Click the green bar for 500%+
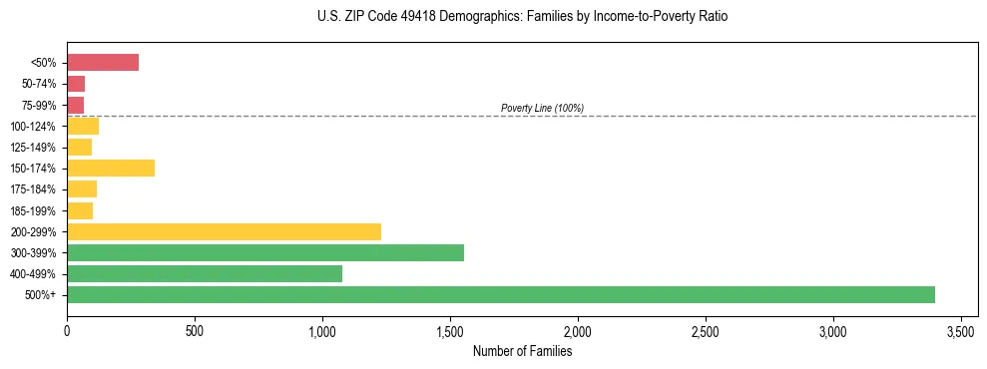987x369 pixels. point(500,294)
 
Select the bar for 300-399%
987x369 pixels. point(264,252)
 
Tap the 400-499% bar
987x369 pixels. point(204,273)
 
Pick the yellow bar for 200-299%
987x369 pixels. point(224,231)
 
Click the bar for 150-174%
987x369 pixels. point(110,168)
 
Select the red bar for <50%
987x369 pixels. point(102,63)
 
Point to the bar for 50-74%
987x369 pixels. point(76,84)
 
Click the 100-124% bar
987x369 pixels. point(82,126)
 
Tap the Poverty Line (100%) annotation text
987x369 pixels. point(542,108)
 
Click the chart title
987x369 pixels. point(493,17)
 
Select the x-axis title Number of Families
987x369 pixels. point(522,351)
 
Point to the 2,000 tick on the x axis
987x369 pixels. point(578,330)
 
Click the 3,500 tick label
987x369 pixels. point(961,330)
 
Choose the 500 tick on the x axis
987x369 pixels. point(195,330)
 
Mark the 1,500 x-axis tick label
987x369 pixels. point(450,330)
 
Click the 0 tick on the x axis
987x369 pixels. point(67,330)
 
